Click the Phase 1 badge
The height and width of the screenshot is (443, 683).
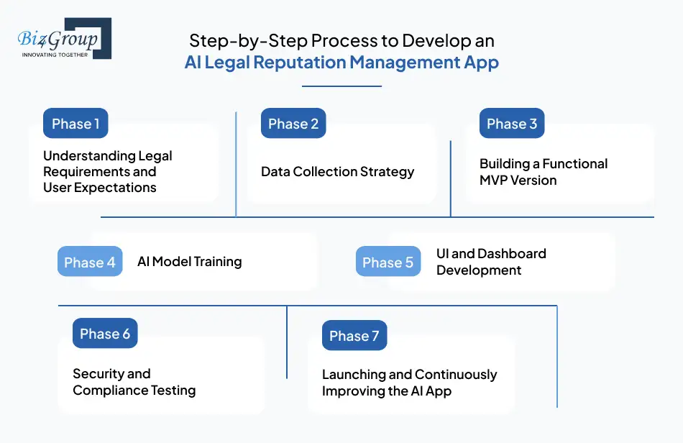(75, 124)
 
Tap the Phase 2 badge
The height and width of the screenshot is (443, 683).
(293, 124)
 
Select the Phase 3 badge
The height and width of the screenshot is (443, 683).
(512, 124)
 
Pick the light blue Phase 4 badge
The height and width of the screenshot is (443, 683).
(90, 262)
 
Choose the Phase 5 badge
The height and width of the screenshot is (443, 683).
(388, 262)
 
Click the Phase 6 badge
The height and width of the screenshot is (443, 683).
(105, 334)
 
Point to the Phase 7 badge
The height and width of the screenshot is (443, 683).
(354, 336)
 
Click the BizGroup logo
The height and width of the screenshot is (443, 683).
(64, 39)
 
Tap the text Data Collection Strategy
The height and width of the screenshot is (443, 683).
(337, 172)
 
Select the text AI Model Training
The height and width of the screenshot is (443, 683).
(189, 262)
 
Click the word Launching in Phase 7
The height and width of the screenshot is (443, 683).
(352, 375)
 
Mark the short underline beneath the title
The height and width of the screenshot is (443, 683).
(341, 86)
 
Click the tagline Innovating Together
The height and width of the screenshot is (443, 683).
(55, 54)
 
